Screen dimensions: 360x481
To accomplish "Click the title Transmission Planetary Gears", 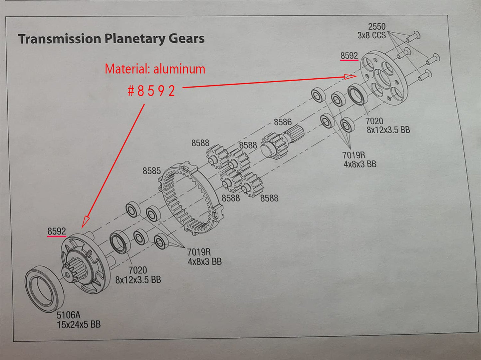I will pos(111,39).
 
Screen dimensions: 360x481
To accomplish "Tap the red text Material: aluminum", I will pos(155,69).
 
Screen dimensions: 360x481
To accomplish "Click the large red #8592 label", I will pos(151,91).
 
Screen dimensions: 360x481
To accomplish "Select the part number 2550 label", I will pos(376,27).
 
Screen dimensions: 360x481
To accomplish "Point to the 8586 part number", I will pos(283,122).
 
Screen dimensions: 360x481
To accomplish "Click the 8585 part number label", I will pos(151,171).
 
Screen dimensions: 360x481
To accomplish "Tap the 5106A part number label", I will pos(68,315).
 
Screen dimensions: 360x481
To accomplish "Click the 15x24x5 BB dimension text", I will pos(79,324).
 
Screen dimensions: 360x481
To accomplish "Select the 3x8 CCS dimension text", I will pos(371,35).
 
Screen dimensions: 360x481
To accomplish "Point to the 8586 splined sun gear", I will pos(282,142).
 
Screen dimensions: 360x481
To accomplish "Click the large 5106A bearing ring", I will pos(44,289).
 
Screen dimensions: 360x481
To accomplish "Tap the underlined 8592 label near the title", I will pos(349,56).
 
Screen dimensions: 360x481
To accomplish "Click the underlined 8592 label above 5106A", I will pos(57,231).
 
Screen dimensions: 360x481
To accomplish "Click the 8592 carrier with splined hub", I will pos(85,263).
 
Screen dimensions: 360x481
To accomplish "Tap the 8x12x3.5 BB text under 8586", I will pos(388,130).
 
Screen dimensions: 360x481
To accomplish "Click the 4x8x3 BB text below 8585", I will pos(205,261).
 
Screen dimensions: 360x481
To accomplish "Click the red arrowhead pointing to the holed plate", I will pos(350,77).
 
